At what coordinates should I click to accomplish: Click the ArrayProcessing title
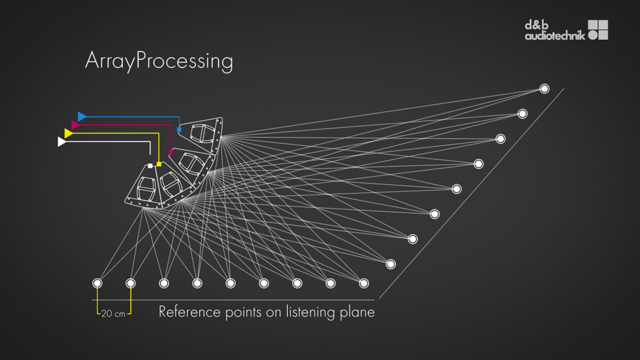point(159,61)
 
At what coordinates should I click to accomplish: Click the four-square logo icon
point(598,30)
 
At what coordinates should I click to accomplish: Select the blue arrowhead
point(82,117)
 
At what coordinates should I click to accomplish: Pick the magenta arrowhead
point(75,125)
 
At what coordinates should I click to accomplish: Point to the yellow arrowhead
point(68,133)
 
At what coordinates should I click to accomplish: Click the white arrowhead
point(62,142)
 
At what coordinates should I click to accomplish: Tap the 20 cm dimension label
point(112,312)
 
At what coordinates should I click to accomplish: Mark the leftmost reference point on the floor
point(97,283)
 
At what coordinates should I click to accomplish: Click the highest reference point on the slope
point(544,89)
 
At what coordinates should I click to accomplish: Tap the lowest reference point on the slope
point(391,264)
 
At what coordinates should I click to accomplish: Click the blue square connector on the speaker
point(179,129)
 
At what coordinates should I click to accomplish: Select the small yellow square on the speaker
point(159,164)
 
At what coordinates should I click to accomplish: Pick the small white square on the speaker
point(151,165)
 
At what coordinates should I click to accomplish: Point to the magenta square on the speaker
point(171,152)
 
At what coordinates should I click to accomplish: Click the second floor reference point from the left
point(131,283)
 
